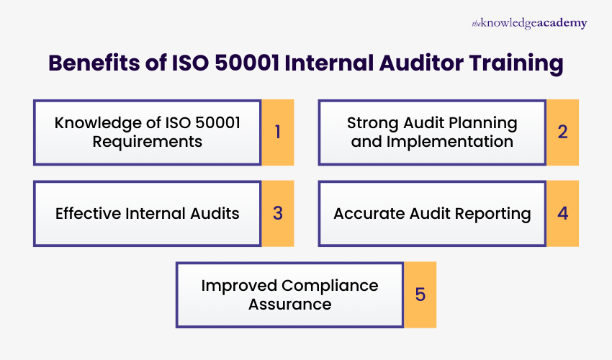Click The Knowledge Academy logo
[x=529, y=24]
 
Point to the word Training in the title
[x=516, y=63]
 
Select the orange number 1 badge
[x=277, y=132]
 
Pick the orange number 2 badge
[x=562, y=132]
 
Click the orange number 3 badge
[x=277, y=214]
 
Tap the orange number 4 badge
[x=562, y=214]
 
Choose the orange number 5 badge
[x=420, y=294]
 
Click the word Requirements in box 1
[x=148, y=141]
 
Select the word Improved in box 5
[x=238, y=285]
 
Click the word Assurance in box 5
[x=290, y=304]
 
